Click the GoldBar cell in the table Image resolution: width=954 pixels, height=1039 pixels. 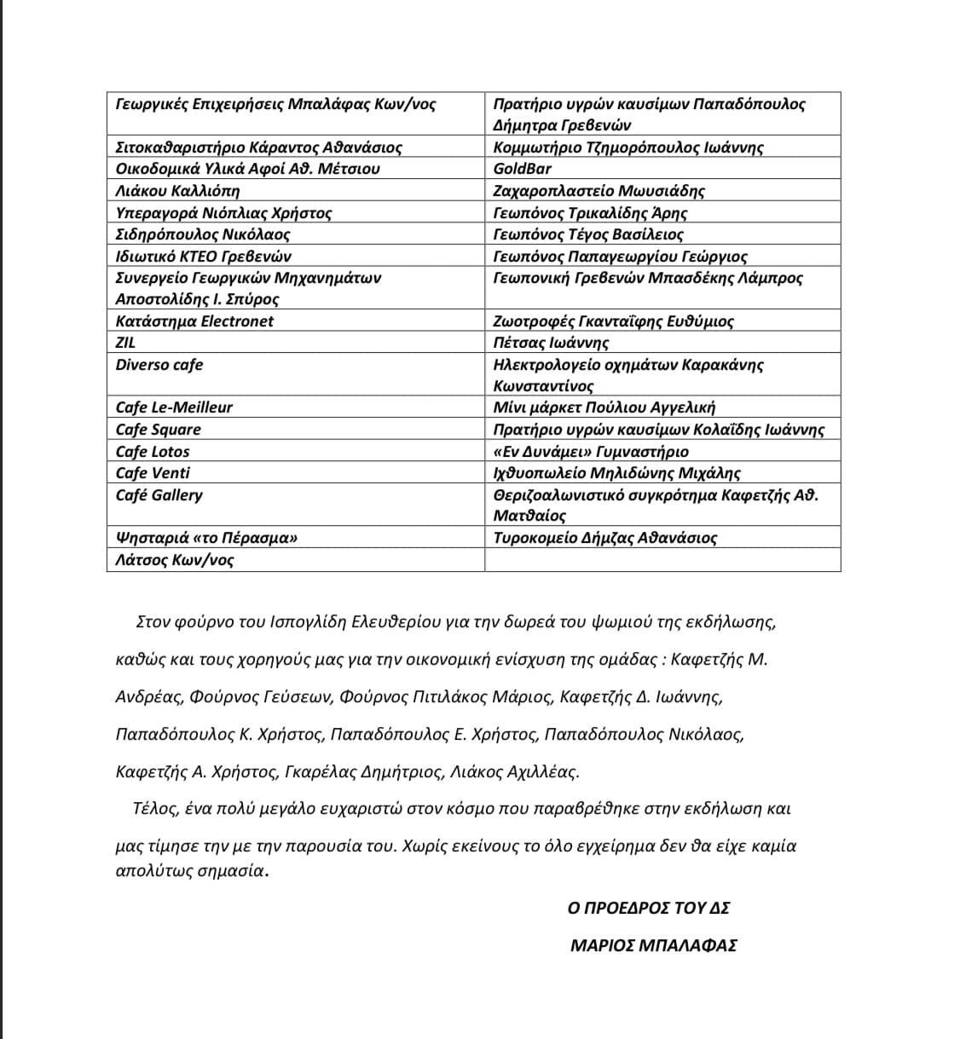coord(523,169)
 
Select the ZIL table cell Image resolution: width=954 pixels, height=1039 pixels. coord(126,343)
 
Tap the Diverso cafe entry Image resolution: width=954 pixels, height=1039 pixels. coord(159,365)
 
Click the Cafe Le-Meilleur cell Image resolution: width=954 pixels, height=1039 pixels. coord(174,407)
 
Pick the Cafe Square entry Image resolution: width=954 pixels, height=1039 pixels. coord(159,430)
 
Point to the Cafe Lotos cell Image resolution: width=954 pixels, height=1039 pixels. coord(153,452)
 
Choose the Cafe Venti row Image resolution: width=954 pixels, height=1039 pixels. coord(153,473)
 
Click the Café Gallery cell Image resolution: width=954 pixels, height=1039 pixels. coord(159,495)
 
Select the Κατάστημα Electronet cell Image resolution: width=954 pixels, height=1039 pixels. coord(194,321)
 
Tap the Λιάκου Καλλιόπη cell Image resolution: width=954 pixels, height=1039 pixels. coord(177,191)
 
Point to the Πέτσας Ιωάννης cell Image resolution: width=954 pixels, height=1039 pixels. coord(551,343)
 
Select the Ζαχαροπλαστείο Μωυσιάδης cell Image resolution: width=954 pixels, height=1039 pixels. coord(599,191)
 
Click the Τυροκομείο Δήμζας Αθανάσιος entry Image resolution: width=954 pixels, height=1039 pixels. coord(605,538)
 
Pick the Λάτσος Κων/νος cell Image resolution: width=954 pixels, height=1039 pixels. coord(175,560)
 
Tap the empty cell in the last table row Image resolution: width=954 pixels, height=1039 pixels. coord(662,560)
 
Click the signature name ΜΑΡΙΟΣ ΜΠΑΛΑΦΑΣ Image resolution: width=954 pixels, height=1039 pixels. coord(653,945)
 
